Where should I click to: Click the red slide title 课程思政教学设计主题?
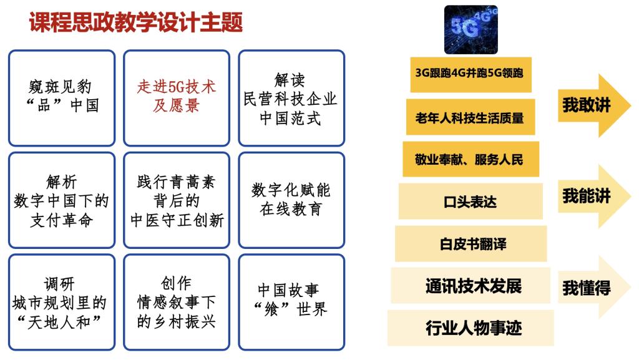[x=136, y=22]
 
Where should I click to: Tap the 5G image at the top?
[x=471, y=30]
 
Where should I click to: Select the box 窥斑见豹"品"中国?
[x=62, y=98]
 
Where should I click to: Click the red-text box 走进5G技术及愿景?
[x=177, y=98]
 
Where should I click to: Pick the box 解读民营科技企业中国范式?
[x=292, y=98]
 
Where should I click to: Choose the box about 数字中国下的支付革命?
[x=62, y=200]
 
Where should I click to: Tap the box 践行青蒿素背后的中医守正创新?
[x=177, y=200]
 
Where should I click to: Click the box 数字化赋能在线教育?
[x=292, y=200]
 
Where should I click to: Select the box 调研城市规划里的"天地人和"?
[x=62, y=303]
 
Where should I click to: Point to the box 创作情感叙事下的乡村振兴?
[x=177, y=303]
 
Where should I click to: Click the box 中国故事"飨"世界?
[x=292, y=303]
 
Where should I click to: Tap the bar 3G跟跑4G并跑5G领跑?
[x=471, y=74]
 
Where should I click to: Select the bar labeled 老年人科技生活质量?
[x=471, y=117]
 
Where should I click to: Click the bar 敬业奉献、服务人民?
[x=471, y=159]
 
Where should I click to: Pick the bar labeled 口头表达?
[x=471, y=202]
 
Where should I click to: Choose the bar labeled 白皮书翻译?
[x=471, y=244]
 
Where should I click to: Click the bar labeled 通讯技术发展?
[x=471, y=286]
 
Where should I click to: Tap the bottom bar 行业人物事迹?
[x=471, y=328]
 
